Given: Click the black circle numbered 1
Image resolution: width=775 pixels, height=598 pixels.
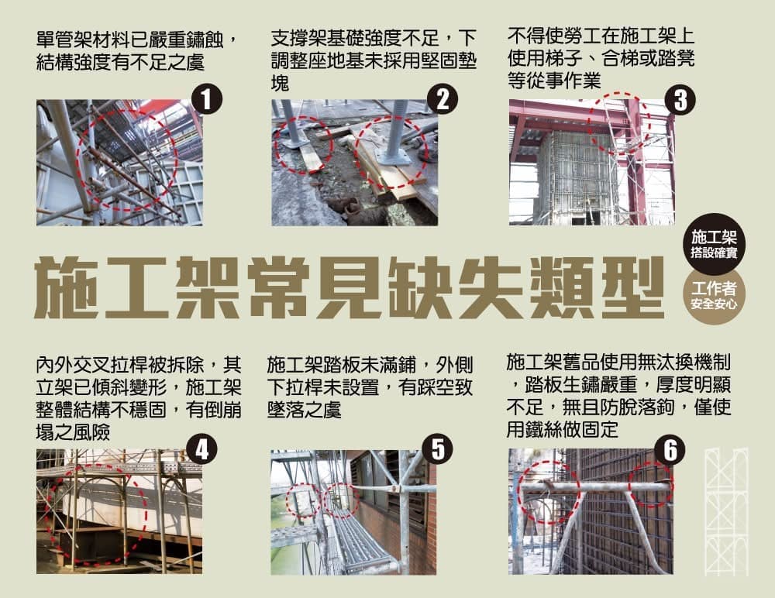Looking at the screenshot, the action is [x=207, y=99].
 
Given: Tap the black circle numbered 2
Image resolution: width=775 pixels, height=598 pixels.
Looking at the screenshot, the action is [x=443, y=99].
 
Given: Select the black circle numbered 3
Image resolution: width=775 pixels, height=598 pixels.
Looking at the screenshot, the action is [x=680, y=99].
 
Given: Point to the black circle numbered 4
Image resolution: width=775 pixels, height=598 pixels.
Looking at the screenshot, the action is [x=201, y=449].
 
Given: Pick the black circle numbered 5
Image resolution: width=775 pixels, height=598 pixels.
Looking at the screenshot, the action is [x=439, y=449].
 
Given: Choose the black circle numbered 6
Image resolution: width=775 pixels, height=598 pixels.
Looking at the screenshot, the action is [x=670, y=450].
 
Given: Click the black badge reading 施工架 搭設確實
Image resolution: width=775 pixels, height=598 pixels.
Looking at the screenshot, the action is [x=714, y=243].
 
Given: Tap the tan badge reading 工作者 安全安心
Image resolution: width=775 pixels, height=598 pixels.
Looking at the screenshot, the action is [x=714, y=297].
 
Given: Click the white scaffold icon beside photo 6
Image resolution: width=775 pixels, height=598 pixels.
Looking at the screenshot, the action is [x=726, y=511].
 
